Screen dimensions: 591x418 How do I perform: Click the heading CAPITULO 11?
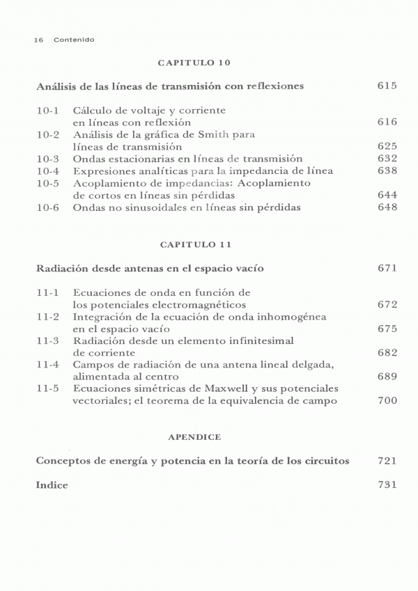click(x=194, y=244)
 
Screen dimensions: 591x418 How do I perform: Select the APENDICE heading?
click(x=194, y=436)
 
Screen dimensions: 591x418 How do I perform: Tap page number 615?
click(x=387, y=86)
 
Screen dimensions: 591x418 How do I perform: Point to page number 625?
click(x=387, y=146)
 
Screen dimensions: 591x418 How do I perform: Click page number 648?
click(x=387, y=207)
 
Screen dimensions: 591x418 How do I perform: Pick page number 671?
click(x=387, y=268)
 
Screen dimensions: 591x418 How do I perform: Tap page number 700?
click(x=387, y=400)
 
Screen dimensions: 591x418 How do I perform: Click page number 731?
click(x=387, y=484)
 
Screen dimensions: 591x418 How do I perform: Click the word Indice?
click(x=52, y=485)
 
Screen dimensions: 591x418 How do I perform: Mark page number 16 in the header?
click(x=38, y=40)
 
